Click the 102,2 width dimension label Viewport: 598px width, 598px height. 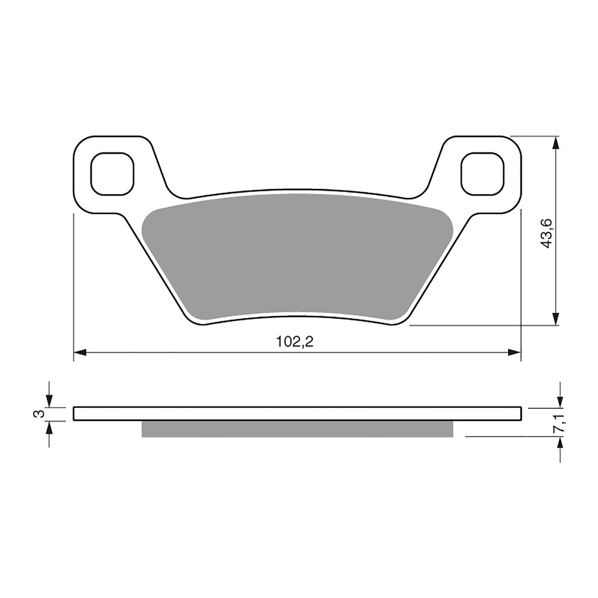pos(295,342)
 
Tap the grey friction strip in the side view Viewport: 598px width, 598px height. pos(298,429)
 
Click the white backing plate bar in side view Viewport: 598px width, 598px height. pos(298,414)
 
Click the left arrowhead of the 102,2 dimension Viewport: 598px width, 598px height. pos(80,352)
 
